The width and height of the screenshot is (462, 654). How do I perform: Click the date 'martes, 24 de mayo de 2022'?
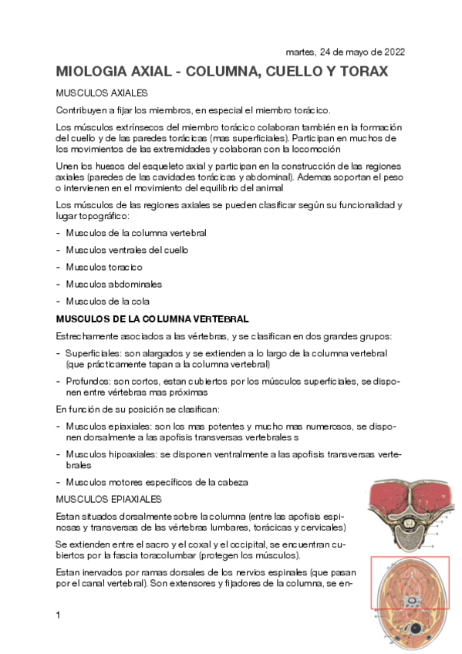click(x=345, y=52)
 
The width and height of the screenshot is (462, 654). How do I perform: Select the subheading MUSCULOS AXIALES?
click(x=96, y=93)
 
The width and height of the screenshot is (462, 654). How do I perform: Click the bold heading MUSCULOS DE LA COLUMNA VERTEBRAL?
click(x=152, y=319)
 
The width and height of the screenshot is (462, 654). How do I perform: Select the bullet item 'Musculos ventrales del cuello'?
click(x=126, y=250)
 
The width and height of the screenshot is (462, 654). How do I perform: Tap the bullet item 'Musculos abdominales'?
click(x=113, y=284)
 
